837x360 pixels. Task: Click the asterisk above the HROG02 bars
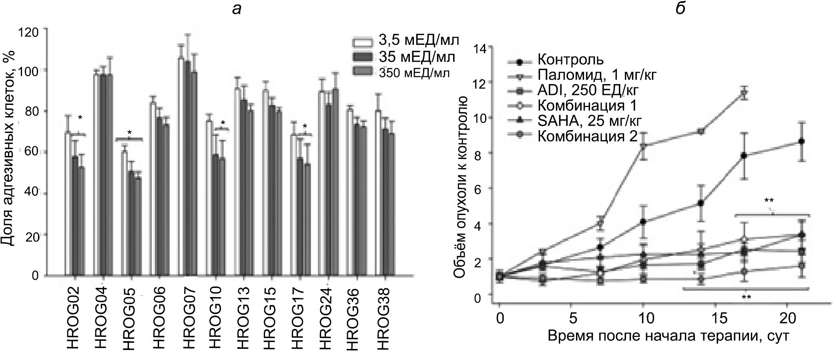point(80,118)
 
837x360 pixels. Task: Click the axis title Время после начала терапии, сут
point(668,336)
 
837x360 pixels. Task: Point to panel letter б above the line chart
point(680,9)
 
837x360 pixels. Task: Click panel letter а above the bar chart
point(237,9)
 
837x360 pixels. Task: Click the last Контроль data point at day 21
point(801,141)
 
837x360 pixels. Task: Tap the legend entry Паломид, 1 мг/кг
point(597,75)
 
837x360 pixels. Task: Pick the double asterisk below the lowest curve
point(746,297)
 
